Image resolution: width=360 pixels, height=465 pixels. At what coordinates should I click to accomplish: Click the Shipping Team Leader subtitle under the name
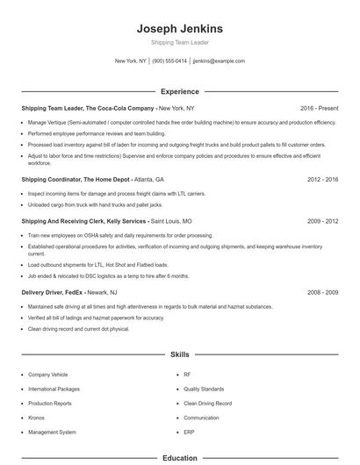click(180, 42)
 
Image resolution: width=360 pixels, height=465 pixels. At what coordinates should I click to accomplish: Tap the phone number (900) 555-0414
click(169, 61)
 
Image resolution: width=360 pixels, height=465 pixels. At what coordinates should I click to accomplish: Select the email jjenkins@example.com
click(219, 61)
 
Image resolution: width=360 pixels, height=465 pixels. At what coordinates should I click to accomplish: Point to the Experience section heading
click(180, 91)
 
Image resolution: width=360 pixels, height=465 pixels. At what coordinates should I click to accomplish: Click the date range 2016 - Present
click(319, 108)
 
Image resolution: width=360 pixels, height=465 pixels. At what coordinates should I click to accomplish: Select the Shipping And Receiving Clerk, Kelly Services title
click(83, 222)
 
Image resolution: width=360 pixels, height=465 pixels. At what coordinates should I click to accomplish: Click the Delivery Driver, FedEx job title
click(57, 292)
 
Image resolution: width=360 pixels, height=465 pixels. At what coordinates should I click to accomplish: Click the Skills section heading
click(180, 355)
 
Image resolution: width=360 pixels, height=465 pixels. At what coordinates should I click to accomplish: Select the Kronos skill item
click(36, 418)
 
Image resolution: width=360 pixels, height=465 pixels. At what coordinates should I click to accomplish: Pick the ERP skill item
click(188, 432)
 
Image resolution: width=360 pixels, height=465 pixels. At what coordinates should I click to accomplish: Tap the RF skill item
click(187, 375)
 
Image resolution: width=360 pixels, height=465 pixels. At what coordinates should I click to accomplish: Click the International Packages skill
click(54, 389)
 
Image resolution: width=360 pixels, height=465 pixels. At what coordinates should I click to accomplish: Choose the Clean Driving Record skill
click(207, 404)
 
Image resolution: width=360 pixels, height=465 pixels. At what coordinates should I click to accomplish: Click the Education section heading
click(180, 458)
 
